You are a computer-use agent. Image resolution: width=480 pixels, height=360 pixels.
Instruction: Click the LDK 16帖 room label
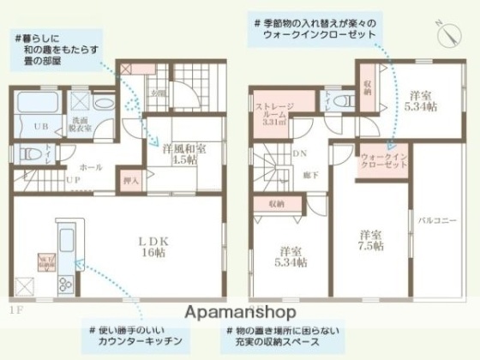[155, 246]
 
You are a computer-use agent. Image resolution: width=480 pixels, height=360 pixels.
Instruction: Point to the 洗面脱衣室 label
[105, 124]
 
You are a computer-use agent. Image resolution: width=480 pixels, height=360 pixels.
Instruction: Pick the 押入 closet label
[130, 180]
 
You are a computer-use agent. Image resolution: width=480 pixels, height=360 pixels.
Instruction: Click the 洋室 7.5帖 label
[371, 239]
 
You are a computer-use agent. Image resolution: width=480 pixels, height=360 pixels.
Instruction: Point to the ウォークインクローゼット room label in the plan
[383, 161]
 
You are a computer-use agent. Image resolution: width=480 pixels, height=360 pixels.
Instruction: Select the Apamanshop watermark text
[239, 312]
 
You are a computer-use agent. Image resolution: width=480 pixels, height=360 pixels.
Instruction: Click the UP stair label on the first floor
[75, 180]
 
